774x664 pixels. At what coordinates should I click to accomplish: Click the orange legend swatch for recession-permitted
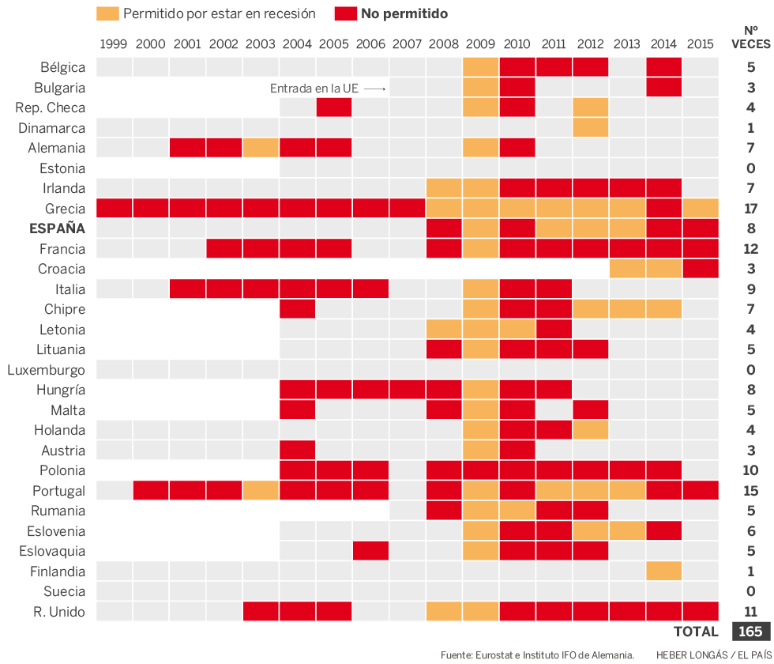108,13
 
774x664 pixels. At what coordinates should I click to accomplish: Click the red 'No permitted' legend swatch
345,13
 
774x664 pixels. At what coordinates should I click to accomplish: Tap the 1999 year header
114,43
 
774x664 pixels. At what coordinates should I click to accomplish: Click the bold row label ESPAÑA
57,229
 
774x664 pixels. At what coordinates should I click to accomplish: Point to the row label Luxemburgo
46,370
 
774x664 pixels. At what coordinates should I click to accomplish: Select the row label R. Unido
58,612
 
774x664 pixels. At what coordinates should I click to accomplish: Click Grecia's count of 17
750,209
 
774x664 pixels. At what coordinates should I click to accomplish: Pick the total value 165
750,632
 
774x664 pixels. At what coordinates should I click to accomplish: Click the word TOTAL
696,632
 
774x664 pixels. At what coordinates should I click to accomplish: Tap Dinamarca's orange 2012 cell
591,127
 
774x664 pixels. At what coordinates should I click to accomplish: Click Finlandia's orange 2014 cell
664,572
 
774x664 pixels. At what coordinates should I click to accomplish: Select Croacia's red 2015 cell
701,269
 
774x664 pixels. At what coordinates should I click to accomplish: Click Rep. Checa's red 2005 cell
334,108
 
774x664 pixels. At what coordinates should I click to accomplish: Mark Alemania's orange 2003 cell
261,148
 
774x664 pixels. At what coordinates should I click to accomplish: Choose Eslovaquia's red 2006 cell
370,551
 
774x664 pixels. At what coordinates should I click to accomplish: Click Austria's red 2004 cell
297,451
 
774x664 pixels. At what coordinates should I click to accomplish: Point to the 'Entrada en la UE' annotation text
314,89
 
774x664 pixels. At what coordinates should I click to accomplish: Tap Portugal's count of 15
750,491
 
